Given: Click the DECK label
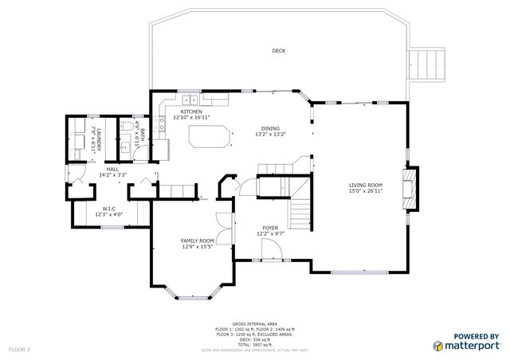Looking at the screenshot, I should [x=278, y=51].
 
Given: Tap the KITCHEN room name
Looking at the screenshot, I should [x=191, y=112].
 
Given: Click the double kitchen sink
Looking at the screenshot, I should [x=191, y=100].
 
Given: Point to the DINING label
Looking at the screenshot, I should [x=271, y=128].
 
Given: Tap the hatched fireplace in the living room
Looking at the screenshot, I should [x=410, y=189].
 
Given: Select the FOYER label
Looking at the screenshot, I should [x=271, y=229].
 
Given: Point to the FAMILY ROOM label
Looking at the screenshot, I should [x=197, y=241].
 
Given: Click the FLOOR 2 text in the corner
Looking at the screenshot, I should [x=19, y=349].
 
